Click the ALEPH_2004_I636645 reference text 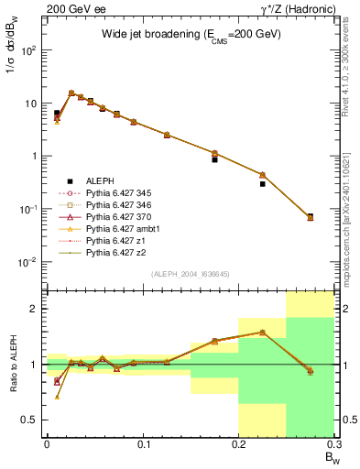pyautogui.click(x=191, y=274)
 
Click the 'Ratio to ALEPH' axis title pyautogui.click(x=14, y=363)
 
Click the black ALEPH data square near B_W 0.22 pyautogui.click(x=262, y=184)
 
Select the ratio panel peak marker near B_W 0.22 pyautogui.click(x=262, y=333)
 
